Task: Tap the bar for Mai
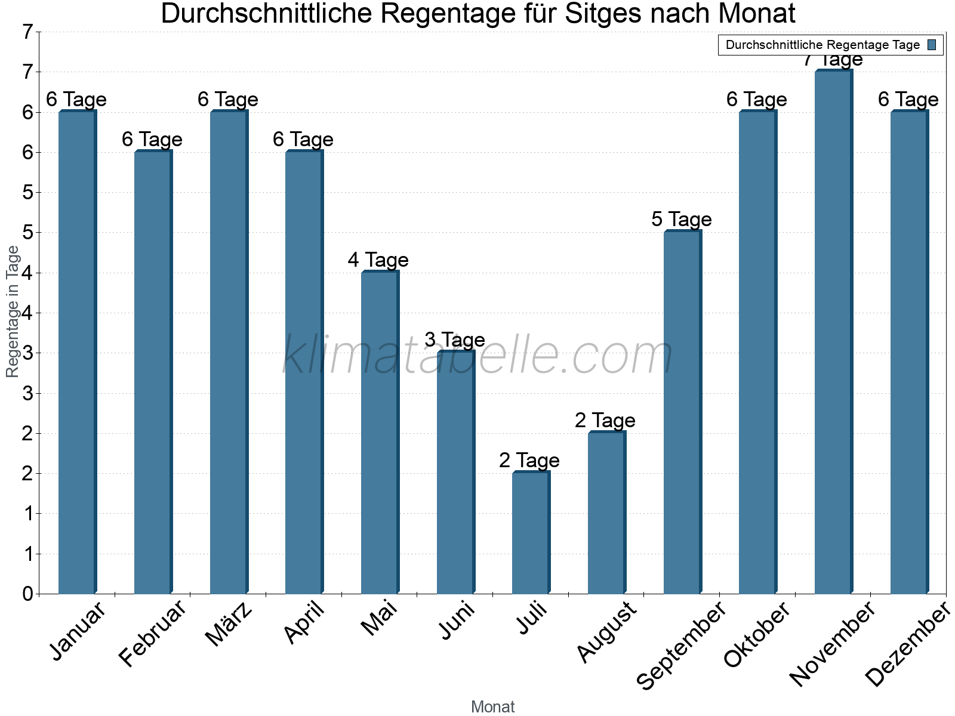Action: [380, 433]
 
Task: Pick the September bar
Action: [682, 412]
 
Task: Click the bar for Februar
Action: [153, 372]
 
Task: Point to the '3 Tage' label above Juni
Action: [455, 340]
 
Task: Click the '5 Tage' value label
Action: [682, 220]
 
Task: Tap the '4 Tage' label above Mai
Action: [378, 260]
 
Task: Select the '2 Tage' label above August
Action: [605, 421]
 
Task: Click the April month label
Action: [304, 624]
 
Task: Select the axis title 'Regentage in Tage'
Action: [13, 311]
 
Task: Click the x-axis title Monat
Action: [492, 706]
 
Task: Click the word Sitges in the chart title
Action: [603, 14]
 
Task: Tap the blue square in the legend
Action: [932, 45]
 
